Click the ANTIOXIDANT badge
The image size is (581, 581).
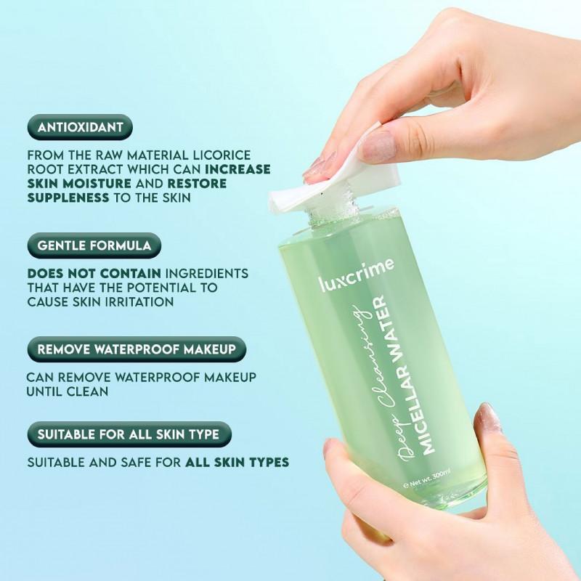pos(80,127)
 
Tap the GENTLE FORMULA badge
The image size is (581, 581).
pos(94,245)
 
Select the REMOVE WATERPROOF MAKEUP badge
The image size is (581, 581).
pos(137,349)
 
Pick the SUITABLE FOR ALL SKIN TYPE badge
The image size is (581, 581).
pos(129,434)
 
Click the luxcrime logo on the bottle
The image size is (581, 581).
pos(356,275)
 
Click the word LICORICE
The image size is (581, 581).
pos(222,155)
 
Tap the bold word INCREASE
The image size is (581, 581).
pos(237,169)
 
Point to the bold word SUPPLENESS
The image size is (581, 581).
pos(68,198)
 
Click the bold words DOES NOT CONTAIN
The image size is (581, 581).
pos(94,274)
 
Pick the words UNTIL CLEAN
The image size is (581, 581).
pos(68,391)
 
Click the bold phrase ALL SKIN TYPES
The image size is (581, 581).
pos(237,463)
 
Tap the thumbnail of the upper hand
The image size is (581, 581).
pos(377,147)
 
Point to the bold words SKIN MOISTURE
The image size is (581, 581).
pos(79,184)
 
